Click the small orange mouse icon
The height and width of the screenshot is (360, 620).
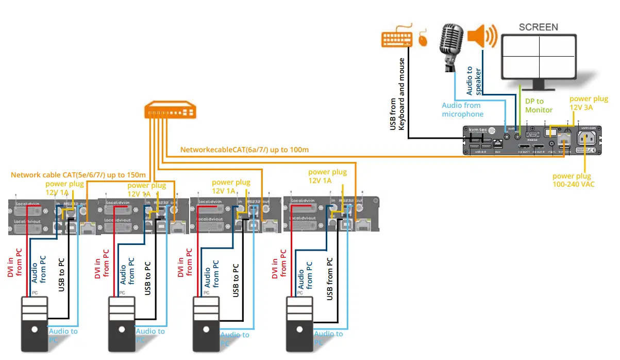(423, 40)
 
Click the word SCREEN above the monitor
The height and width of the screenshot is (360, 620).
(538, 27)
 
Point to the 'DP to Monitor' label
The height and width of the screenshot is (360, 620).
(539, 106)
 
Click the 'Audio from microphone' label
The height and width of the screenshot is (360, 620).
(462, 109)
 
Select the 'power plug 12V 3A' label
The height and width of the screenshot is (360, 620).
(588, 103)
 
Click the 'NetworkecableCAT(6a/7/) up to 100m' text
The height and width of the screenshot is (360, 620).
(244, 150)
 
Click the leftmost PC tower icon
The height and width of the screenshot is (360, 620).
(34, 322)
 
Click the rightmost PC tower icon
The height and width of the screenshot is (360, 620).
(300, 322)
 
